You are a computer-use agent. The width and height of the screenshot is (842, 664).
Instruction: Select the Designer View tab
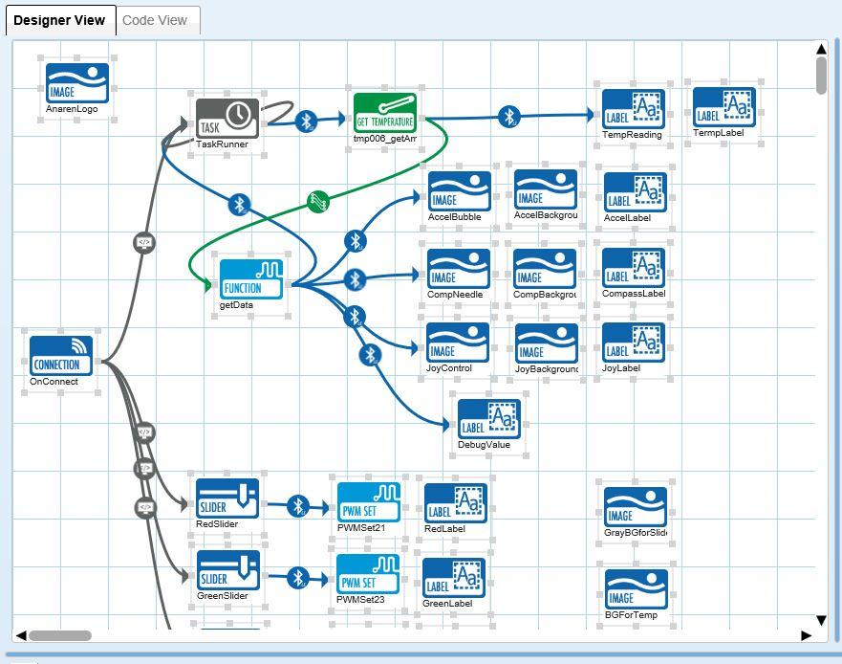coord(59,20)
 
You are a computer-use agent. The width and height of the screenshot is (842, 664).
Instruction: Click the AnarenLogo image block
coord(77,83)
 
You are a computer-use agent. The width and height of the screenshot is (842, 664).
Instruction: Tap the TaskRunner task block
coord(227,119)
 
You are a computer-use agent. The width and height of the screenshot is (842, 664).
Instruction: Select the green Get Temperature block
coord(385,115)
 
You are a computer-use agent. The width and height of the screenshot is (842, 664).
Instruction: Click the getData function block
coord(252,278)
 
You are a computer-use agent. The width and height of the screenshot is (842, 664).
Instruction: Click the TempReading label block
coord(634,109)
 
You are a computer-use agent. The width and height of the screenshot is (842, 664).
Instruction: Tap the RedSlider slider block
coord(227,498)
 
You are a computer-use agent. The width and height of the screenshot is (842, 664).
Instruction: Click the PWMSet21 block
coord(369,502)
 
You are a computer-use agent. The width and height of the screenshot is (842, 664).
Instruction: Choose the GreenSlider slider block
coord(227,571)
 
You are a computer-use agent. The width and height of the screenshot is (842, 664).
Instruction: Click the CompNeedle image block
coord(458,269)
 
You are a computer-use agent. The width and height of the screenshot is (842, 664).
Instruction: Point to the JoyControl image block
coord(457,343)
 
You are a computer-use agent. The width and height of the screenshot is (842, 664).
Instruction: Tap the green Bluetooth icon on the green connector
coord(319,202)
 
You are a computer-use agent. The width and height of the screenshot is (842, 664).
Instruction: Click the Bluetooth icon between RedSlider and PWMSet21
coord(298,505)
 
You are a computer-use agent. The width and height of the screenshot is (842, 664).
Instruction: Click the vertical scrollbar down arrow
coord(821,620)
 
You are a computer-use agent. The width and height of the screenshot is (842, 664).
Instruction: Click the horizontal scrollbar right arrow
coord(807,635)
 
